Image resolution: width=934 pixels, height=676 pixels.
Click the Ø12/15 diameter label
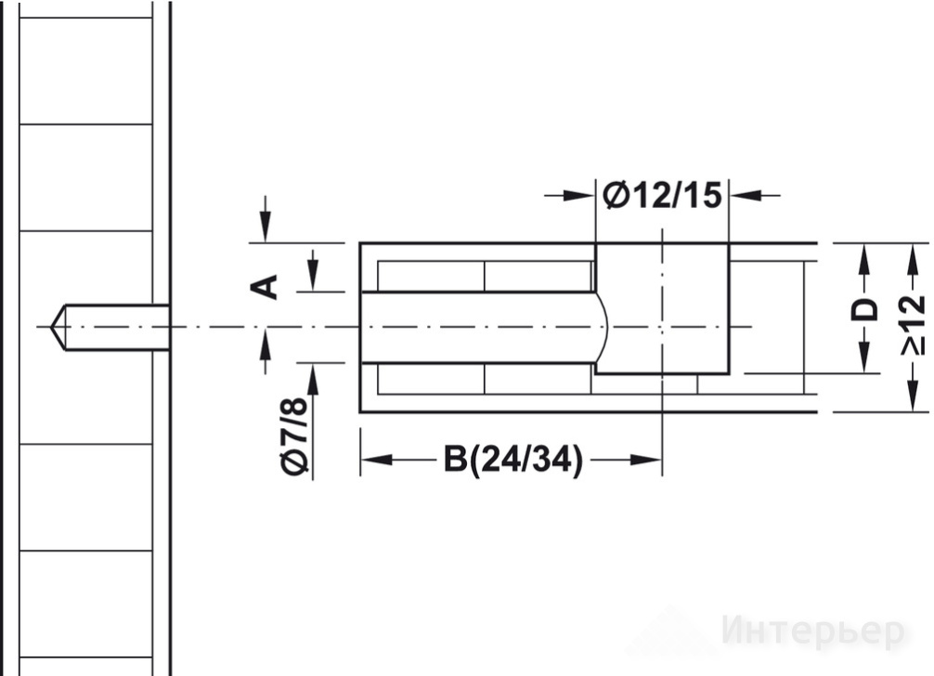pos(662,195)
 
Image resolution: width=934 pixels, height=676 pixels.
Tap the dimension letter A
pos(264,287)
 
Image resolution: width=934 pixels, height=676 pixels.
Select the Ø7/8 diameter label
pos(295,436)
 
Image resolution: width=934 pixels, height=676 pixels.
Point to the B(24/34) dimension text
pos(512,460)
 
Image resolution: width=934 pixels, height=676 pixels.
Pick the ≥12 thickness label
pos(913,325)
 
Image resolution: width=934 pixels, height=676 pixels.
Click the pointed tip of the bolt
pos(51,327)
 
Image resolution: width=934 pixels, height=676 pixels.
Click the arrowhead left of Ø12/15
pos(580,195)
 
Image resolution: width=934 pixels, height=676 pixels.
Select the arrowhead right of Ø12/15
pos(746,195)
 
